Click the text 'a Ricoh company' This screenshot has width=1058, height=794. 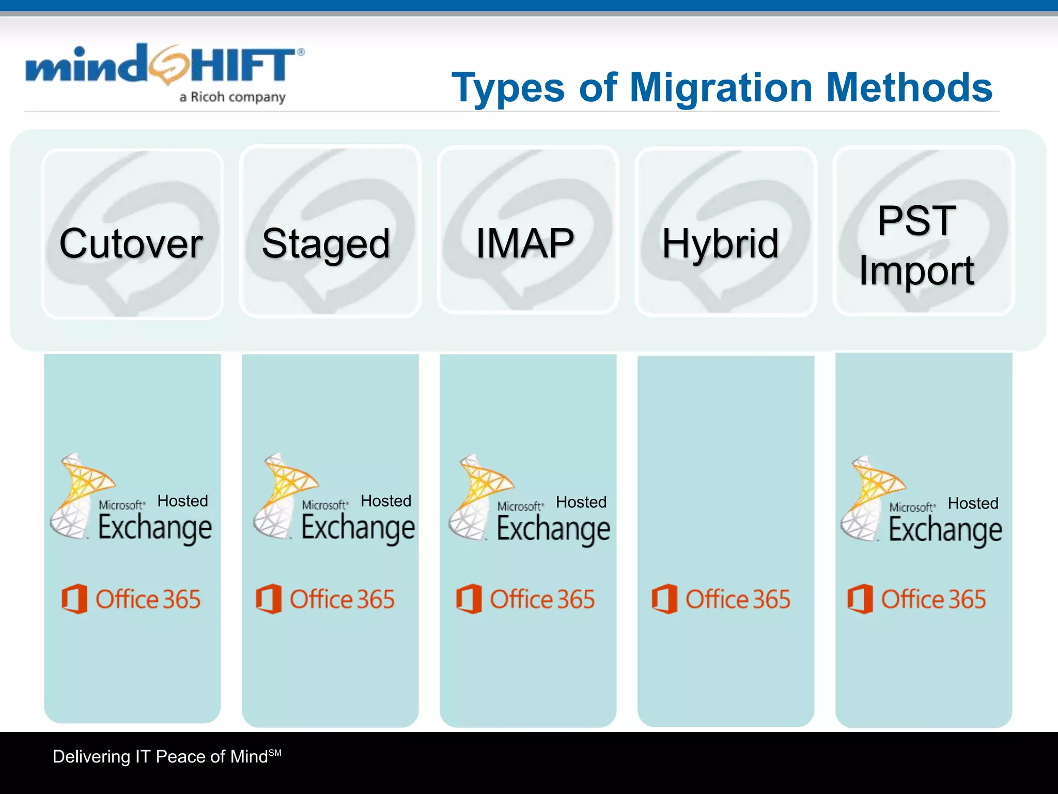coord(232,97)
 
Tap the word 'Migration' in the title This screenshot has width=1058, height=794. coord(721,88)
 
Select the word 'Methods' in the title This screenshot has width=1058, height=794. coord(909,88)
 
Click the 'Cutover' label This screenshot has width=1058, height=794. coord(131,243)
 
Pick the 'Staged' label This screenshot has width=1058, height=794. coord(326,244)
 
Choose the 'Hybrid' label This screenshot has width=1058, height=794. coord(720,243)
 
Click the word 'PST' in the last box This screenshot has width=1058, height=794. coord(916,221)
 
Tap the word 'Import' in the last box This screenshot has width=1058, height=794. coord(916,270)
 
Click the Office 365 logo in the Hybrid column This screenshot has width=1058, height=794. coord(721,599)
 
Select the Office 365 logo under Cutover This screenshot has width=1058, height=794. coord(131,599)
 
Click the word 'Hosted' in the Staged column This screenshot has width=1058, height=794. coord(386,501)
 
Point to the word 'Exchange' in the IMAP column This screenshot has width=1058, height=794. coord(553,529)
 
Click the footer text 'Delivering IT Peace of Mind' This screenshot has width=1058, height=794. coord(161,757)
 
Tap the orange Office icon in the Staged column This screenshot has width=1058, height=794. coord(269,599)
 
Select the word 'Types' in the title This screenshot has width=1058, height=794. coord(508,88)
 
